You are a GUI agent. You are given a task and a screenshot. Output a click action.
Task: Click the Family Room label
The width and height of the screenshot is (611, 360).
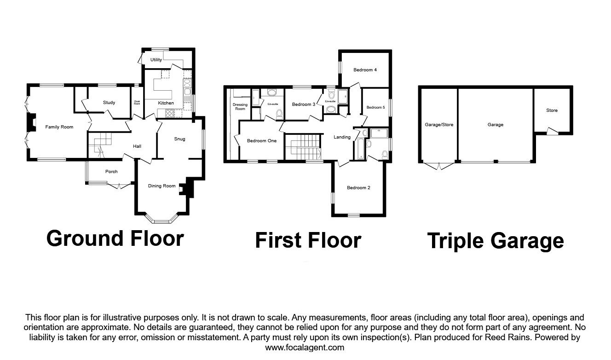(x=59, y=127)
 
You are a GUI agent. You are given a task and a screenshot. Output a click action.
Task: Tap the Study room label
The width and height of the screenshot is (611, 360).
(x=109, y=103)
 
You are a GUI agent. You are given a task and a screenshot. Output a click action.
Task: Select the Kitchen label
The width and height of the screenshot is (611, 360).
(x=166, y=103)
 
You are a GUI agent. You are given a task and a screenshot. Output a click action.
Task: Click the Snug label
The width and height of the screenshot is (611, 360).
(x=179, y=139)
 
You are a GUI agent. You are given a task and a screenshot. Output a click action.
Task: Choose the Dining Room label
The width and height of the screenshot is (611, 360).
(x=162, y=186)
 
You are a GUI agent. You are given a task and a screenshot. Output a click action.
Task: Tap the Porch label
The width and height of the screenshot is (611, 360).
(x=111, y=172)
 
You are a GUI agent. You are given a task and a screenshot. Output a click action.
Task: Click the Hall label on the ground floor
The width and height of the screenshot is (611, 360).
(x=137, y=146)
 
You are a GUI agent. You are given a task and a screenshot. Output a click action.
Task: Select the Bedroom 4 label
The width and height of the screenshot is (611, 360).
(x=365, y=70)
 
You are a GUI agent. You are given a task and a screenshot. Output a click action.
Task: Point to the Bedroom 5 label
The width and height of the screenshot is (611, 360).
(x=375, y=108)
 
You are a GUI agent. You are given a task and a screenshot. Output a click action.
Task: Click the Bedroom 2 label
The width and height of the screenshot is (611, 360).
(x=359, y=188)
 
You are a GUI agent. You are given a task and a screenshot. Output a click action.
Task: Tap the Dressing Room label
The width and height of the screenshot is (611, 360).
(x=240, y=107)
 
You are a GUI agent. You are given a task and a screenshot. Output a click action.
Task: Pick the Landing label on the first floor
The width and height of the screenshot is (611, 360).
(x=342, y=137)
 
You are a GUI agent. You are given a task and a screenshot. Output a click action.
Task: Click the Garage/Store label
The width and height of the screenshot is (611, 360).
(x=439, y=125)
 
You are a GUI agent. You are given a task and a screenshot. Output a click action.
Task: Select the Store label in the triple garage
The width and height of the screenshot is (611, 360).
(x=552, y=110)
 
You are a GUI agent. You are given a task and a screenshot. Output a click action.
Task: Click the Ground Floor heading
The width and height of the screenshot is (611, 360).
(x=115, y=239)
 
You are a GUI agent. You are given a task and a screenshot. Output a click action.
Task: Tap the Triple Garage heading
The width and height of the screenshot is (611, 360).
(x=496, y=241)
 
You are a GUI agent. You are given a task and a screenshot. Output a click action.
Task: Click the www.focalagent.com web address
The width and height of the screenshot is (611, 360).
(x=305, y=348)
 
